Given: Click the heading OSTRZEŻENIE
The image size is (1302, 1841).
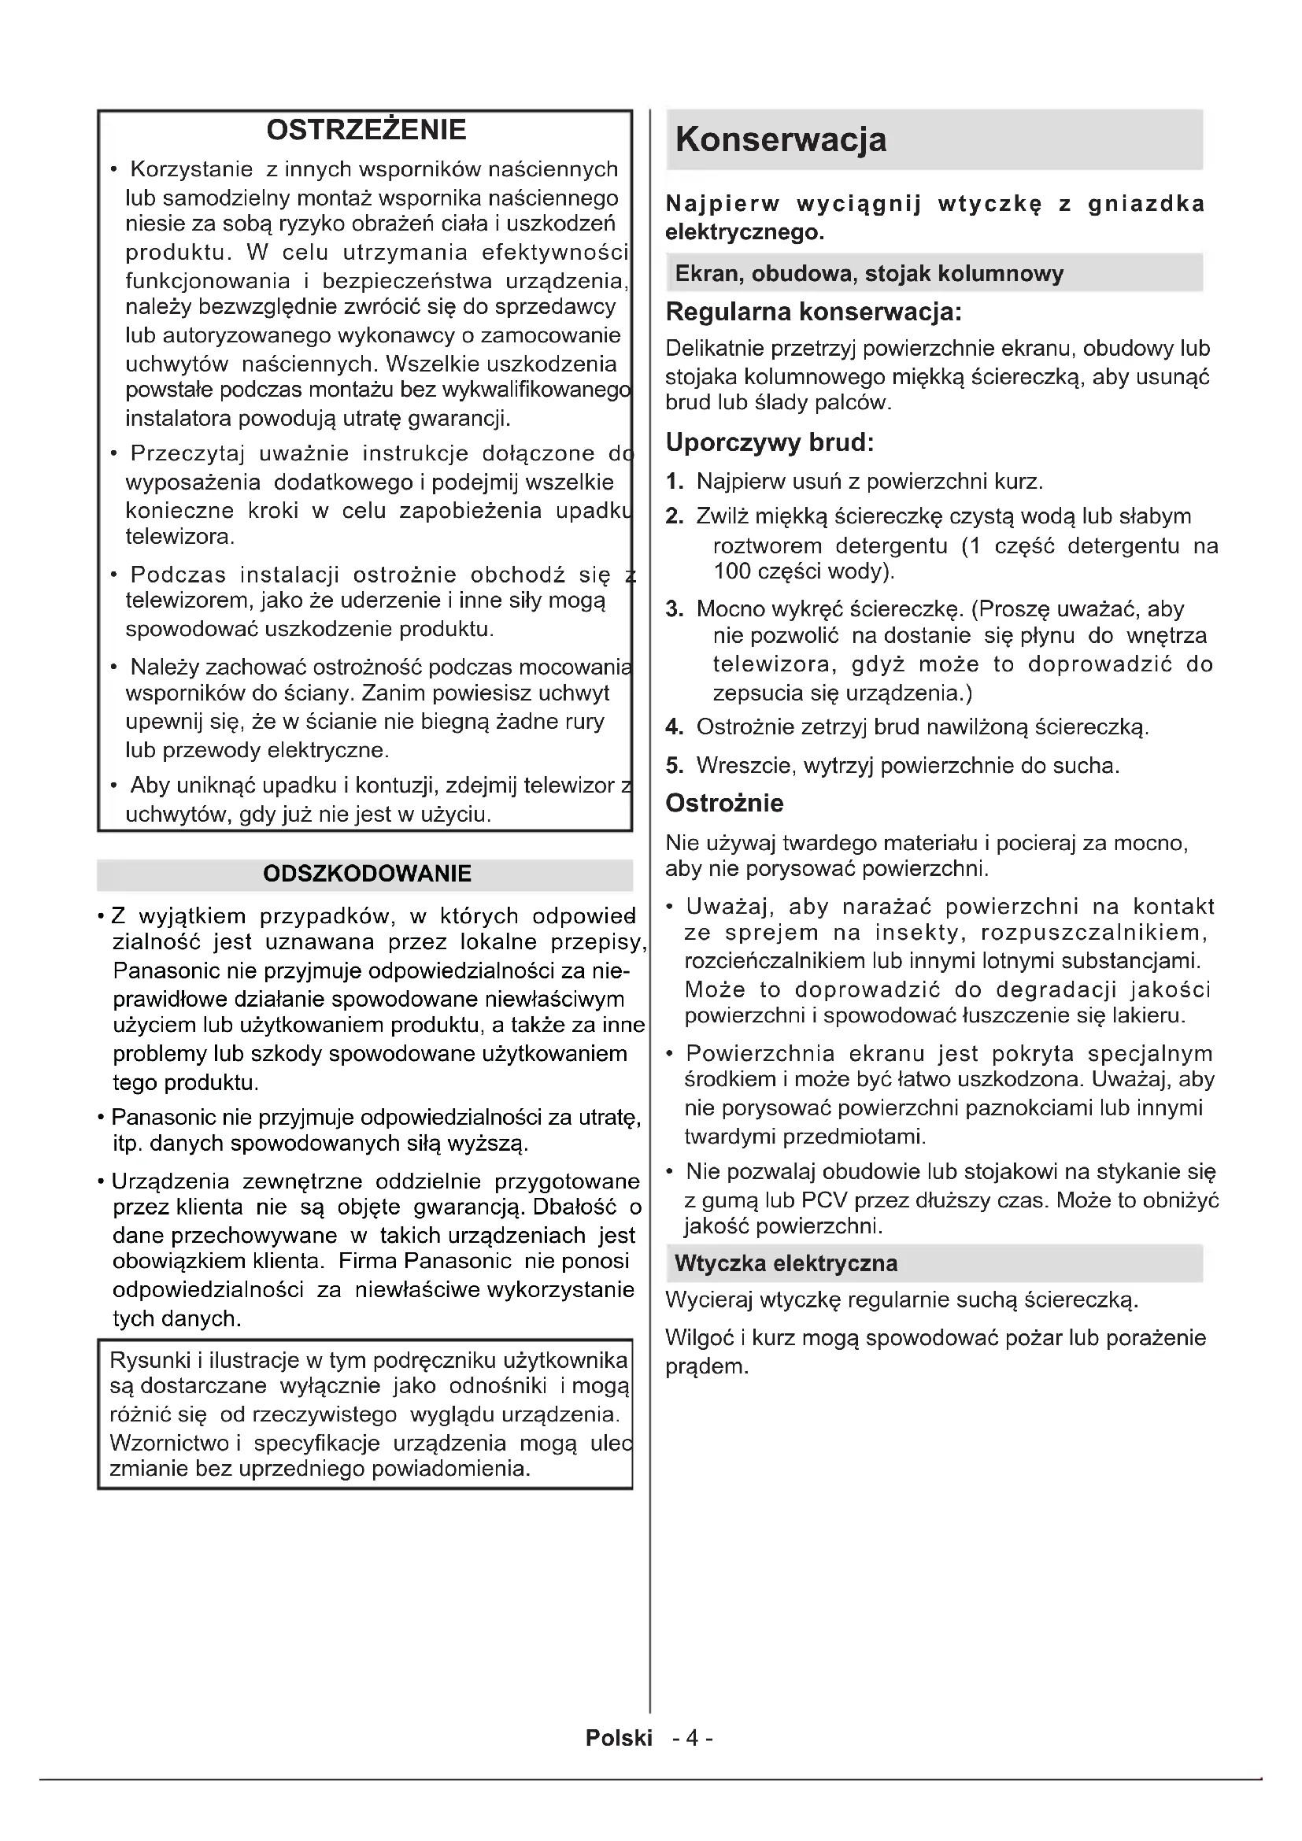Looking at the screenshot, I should tap(365, 130).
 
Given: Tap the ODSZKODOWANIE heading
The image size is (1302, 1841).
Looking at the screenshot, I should tap(366, 874).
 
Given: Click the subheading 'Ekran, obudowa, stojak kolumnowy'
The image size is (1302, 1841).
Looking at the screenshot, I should tap(868, 273).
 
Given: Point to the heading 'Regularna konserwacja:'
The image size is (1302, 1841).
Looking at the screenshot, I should tap(813, 311).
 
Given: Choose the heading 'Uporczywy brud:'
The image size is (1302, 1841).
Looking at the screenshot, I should tap(769, 442).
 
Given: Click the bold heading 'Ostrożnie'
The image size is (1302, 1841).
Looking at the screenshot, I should tap(724, 804).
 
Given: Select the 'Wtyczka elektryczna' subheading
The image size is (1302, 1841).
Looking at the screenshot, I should tap(786, 1264).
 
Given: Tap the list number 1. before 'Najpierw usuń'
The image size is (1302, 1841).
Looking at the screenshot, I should tap(675, 482).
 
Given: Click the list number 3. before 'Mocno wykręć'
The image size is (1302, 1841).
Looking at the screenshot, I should tap(675, 609).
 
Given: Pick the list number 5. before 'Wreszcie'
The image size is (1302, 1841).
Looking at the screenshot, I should tap(675, 766).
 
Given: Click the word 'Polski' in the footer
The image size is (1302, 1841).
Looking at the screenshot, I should tap(618, 1738).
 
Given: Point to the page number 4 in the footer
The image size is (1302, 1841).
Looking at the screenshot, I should tap(693, 1738).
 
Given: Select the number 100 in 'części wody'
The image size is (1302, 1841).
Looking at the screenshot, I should tap(732, 571).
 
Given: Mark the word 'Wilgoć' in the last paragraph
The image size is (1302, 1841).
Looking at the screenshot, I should tap(699, 1338).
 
